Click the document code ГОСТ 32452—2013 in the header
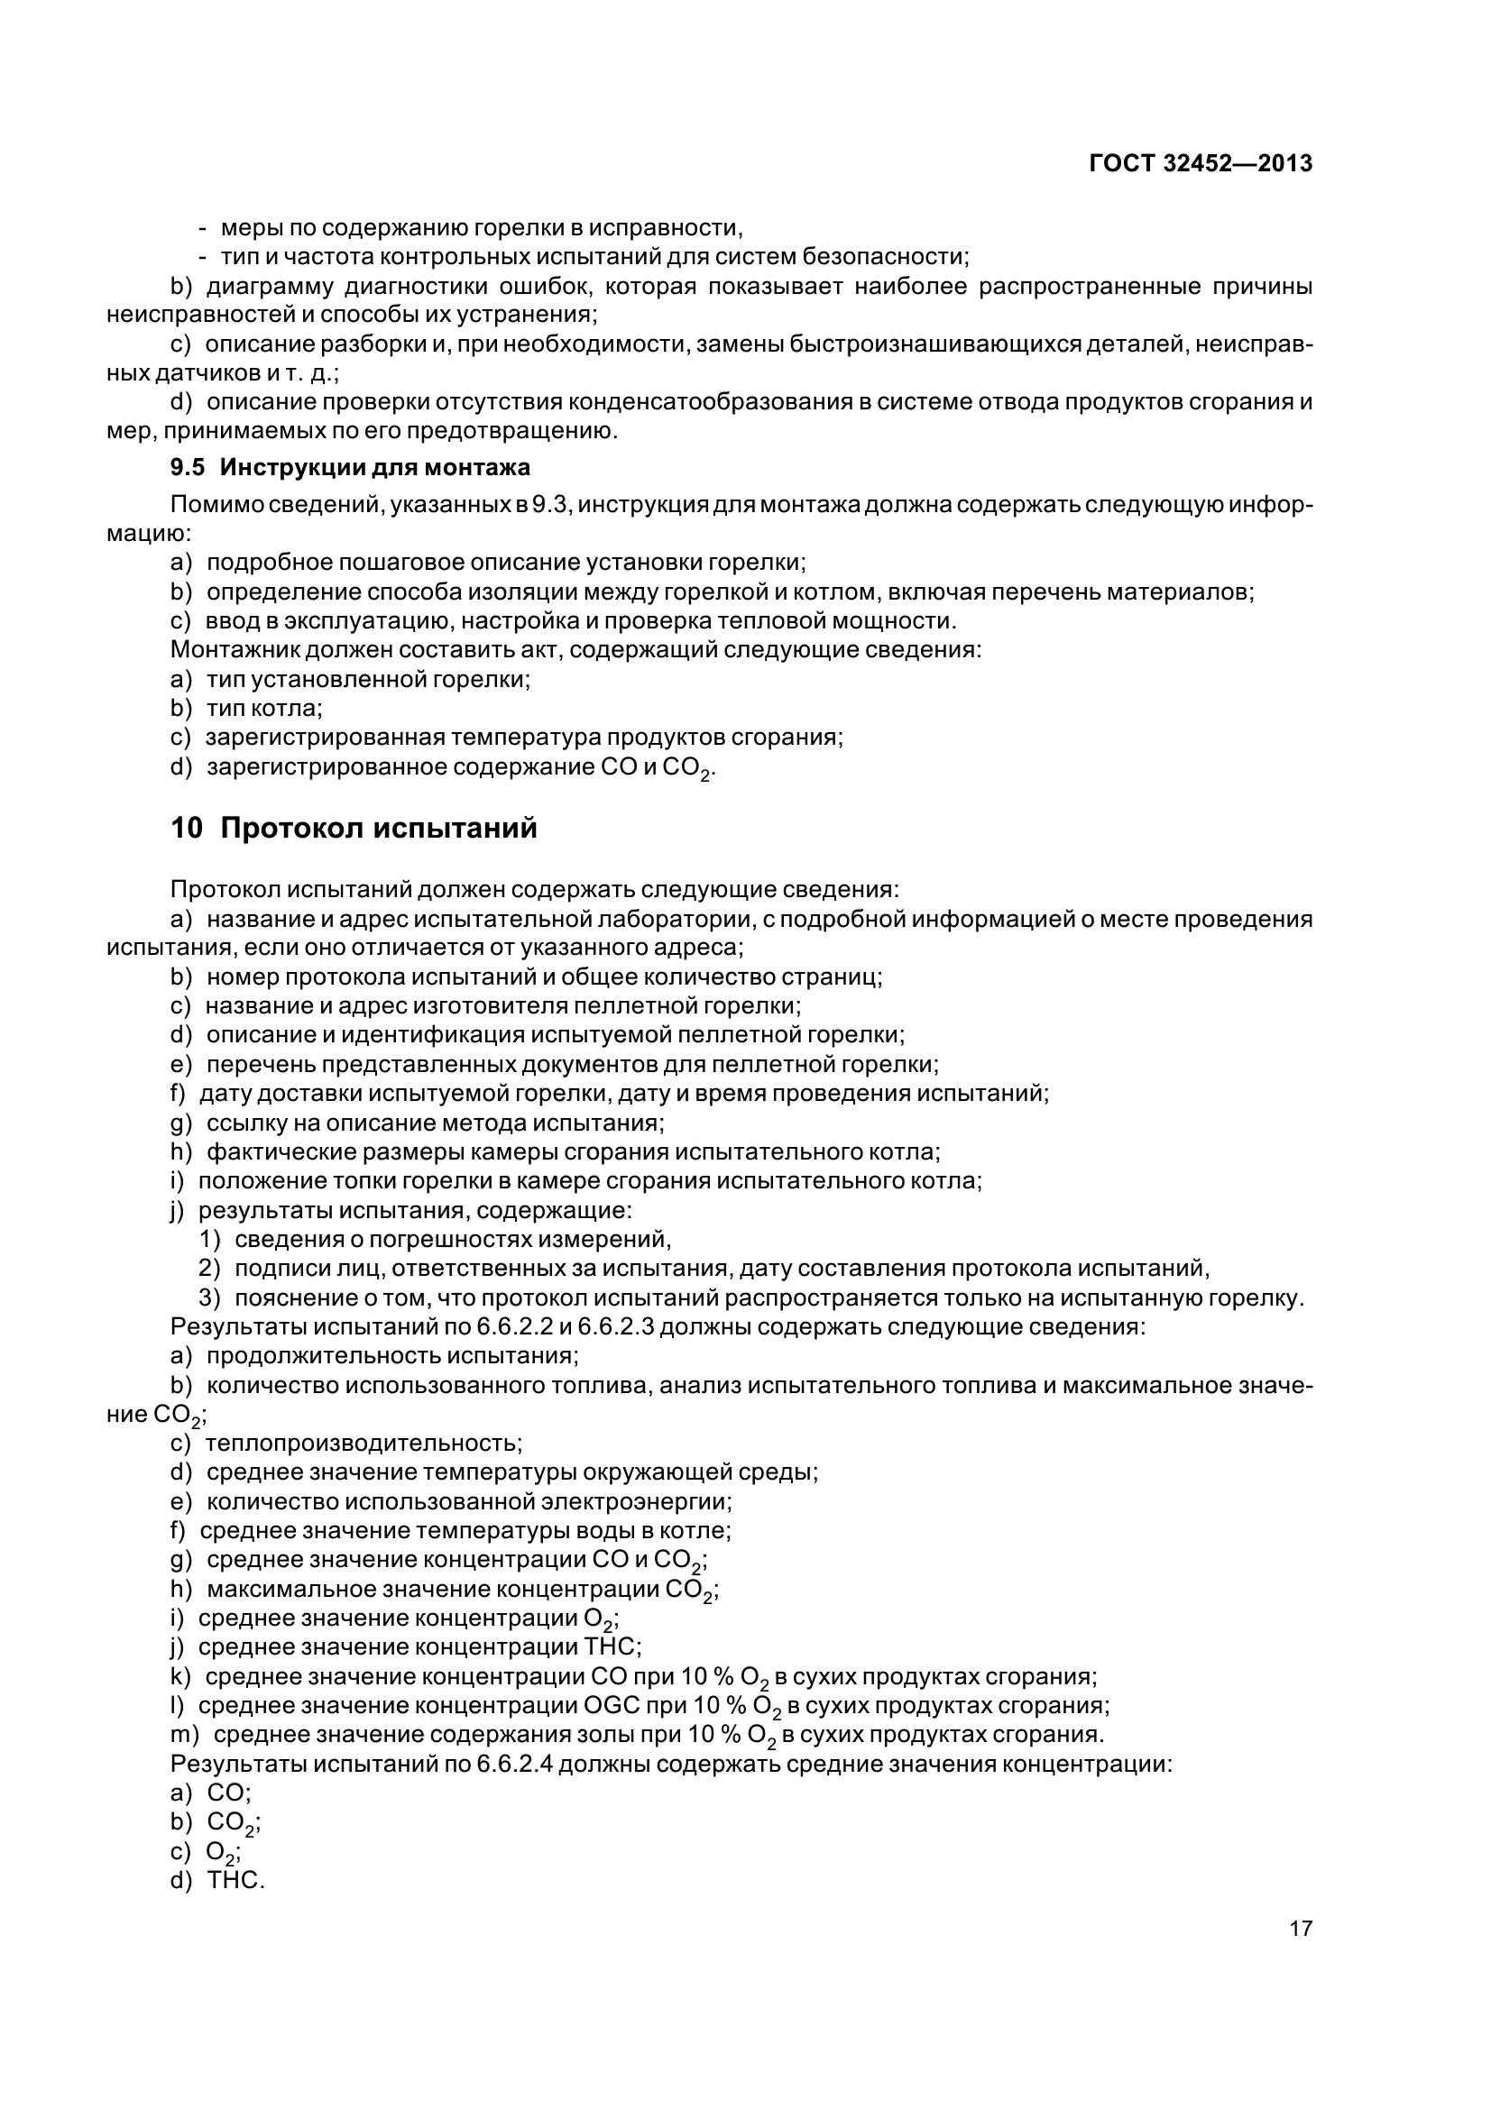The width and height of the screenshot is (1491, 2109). [x=1200, y=163]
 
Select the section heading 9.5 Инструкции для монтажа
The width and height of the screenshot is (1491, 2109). [x=350, y=468]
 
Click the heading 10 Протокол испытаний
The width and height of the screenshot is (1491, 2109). [x=354, y=829]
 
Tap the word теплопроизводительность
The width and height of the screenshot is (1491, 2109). [x=363, y=1443]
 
